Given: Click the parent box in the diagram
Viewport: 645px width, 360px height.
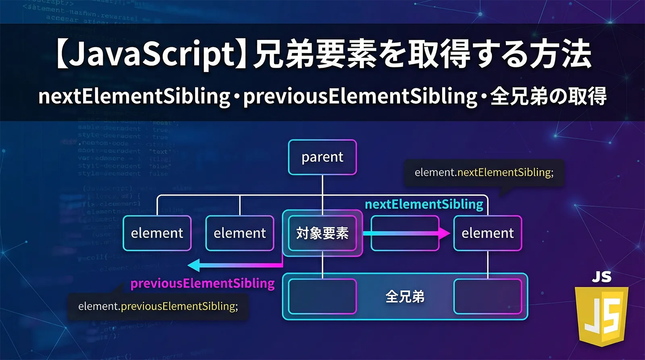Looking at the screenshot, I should click(x=322, y=157).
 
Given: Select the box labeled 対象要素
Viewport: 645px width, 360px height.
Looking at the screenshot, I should click(x=322, y=233).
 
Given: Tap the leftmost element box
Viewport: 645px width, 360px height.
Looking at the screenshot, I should click(x=157, y=233).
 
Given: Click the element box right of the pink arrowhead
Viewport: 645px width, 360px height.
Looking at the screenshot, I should click(x=487, y=233).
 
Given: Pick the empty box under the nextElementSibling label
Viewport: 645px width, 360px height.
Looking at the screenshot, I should click(x=405, y=233).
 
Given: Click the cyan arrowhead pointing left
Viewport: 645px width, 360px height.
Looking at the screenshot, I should click(x=195, y=265).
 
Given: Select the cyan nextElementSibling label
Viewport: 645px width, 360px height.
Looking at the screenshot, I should click(x=424, y=204).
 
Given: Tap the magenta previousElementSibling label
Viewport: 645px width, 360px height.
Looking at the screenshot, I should click(x=202, y=283).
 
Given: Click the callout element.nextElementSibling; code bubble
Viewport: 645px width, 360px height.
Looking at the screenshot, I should click(x=484, y=173).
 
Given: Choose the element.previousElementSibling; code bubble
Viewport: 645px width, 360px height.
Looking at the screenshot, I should click(x=158, y=306).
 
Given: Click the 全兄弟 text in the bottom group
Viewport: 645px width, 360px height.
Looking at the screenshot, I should click(x=405, y=297).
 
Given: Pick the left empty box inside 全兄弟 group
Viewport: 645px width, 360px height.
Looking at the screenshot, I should click(x=322, y=297).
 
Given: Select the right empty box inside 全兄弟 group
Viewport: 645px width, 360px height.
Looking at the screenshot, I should click(x=487, y=297).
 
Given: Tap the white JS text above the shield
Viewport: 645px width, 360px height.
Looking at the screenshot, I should click(x=601, y=277).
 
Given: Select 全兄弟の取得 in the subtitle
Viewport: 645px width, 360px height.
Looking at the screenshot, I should click(x=548, y=97).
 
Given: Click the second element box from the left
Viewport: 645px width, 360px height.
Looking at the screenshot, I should click(x=239, y=233).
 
